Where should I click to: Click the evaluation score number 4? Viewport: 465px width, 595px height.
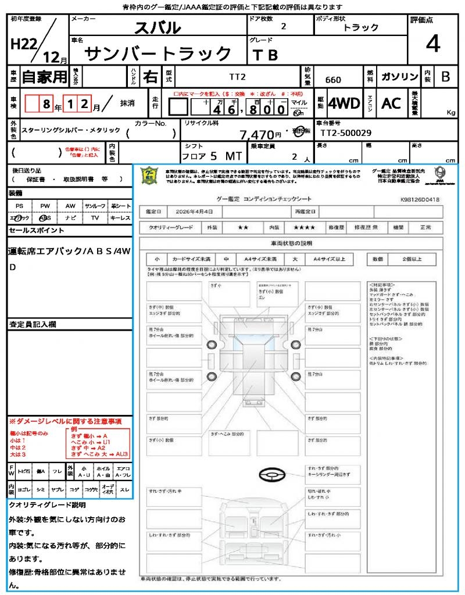pyautogui.click(x=432, y=44)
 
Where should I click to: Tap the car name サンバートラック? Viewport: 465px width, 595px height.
pyautogui.click(x=158, y=53)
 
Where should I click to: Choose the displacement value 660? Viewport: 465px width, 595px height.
pyautogui.click(x=333, y=80)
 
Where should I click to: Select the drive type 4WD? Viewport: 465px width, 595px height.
pyautogui.click(x=344, y=103)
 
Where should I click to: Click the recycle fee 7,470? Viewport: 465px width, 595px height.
pyautogui.click(x=257, y=135)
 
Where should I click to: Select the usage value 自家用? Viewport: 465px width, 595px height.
pyautogui.click(x=44, y=77)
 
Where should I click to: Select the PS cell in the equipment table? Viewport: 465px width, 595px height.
pyautogui.click(x=19, y=206)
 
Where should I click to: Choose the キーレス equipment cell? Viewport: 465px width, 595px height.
pyautogui.click(x=120, y=217)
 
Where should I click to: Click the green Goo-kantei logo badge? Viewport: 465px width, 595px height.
pyautogui.click(x=151, y=176)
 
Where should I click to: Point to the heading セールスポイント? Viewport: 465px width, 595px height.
pyautogui.click(x=36, y=231)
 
